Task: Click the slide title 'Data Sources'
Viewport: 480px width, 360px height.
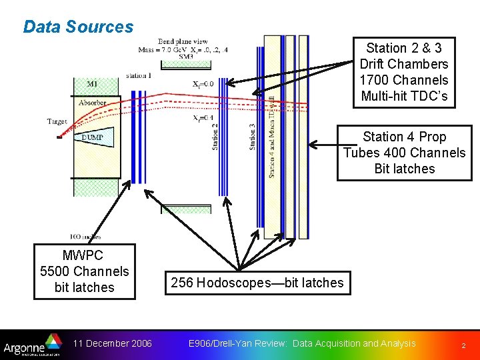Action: click(78, 27)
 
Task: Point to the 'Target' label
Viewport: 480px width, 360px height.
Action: click(57, 122)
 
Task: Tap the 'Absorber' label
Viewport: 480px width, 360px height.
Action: click(92, 103)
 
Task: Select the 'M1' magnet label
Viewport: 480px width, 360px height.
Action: click(92, 84)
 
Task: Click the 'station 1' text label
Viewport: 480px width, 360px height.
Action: click(138, 76)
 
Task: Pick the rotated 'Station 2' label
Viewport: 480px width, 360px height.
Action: click(215, 136)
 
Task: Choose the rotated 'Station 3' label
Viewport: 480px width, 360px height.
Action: click(253, 136)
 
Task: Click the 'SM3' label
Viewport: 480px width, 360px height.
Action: click(186, 57)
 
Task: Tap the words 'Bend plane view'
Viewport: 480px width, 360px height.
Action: click(183, 41)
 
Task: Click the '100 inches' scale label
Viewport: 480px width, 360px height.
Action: click(85, 236)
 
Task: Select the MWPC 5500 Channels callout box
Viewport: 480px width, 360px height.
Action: click(85, 271)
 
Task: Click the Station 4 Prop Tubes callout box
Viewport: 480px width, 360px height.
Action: click(404, 153)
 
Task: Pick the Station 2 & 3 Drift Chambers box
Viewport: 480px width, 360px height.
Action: click(403, 72)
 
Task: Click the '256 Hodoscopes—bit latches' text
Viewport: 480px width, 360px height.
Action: click(257, 283)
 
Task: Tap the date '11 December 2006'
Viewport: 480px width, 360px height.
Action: click(113, 343)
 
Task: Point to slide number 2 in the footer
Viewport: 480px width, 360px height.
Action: click(462, 345)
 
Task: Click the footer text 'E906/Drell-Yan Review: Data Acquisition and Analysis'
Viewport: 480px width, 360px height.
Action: click(302, 343)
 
